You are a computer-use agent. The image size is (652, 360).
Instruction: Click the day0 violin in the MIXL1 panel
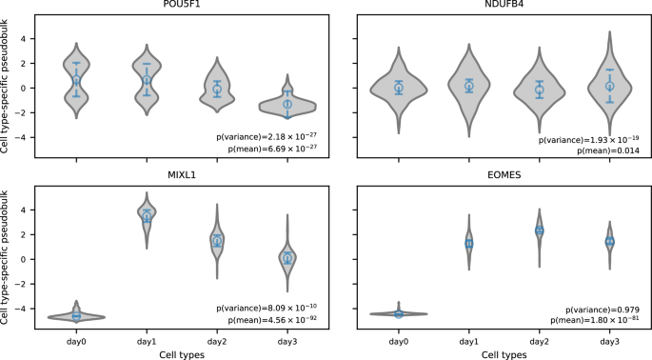(76, 315)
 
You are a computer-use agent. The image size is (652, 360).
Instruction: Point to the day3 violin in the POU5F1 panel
(286, 103)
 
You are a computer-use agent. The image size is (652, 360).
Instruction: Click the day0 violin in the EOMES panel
(399, 313)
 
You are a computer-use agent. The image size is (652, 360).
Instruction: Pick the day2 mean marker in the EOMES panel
(540, 230)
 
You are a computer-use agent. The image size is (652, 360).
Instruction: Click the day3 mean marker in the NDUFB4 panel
(610, 86)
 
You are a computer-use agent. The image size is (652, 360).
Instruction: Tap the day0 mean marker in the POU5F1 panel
(76, 81)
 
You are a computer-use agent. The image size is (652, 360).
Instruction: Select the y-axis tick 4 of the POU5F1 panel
(32, 39)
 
